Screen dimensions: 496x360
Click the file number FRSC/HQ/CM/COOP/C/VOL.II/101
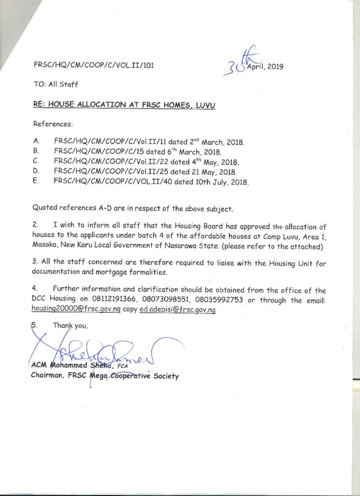[94, 65]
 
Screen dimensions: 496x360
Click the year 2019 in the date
[275, 67]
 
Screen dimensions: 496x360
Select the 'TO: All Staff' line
[56, 84]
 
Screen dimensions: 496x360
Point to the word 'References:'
[52, 124]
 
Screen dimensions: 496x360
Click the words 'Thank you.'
[70, 326]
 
